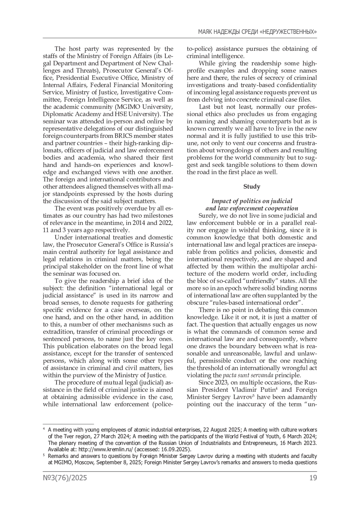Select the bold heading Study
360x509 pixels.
point(252,187)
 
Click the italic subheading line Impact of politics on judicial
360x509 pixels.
point(252,201)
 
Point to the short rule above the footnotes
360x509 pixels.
point(68,424)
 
